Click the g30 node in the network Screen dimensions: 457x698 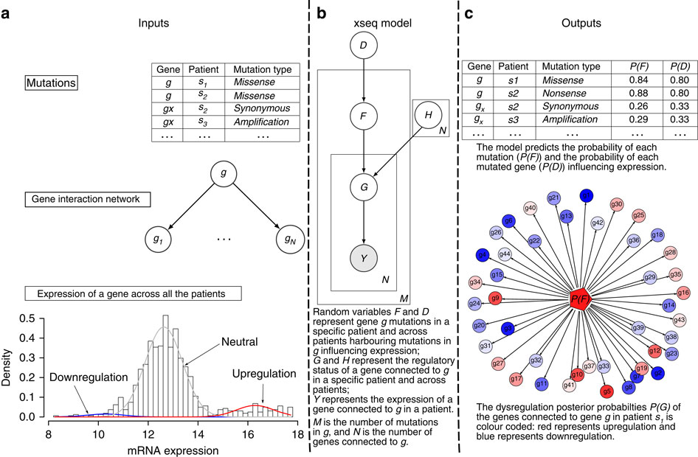(617, 203)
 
